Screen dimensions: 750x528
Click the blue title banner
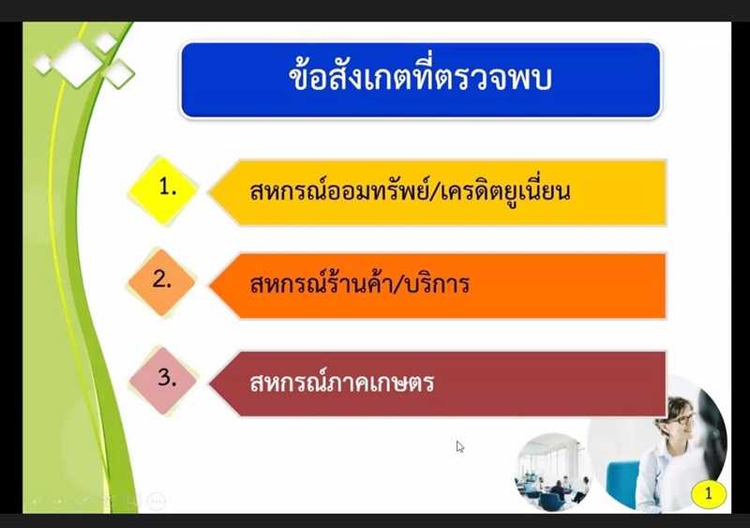click(420, 80)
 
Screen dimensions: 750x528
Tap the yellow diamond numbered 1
click(163, 190)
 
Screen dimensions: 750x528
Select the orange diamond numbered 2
click(162, 282)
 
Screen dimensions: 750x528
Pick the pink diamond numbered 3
click(163, 381)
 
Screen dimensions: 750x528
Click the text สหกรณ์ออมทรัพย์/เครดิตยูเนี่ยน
click(410, 191)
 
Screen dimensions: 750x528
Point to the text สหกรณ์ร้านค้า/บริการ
click(359, 283)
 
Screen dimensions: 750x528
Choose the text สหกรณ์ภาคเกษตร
click(341, 383)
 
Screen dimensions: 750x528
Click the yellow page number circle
click(709, 492)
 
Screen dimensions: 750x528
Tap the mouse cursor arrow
click(459, 446)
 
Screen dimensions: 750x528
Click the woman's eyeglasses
click(683, 420)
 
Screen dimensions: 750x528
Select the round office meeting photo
click(553, 472)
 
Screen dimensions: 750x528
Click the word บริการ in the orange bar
click(437, 283)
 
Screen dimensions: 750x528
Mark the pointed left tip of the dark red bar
click(209, 383)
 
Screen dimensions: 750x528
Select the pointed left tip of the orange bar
click(209, 285)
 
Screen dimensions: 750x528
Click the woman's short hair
click(675, 408)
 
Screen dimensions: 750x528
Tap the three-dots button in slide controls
click(157, 501)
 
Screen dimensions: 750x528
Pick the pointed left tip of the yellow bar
click(209, 192)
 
